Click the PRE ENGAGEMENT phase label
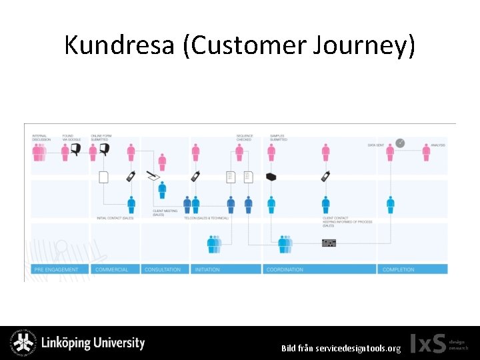coord(56,269)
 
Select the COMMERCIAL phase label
coord(112,269)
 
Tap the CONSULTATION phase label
coord(163,269)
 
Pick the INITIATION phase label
coord(208,269)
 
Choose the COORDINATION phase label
coord(285,269)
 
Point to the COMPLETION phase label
coord(399,269)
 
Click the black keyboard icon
coord(329,243)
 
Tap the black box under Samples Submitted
coord(271,177)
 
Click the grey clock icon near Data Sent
coord(400,143)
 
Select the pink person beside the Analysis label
coord(426,153)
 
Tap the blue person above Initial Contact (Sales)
coord(131,205)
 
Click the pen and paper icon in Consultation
coord(153,177)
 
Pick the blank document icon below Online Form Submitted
coord(103,177)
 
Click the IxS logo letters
coord(427,343)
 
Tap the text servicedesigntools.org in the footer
coord(358,348)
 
